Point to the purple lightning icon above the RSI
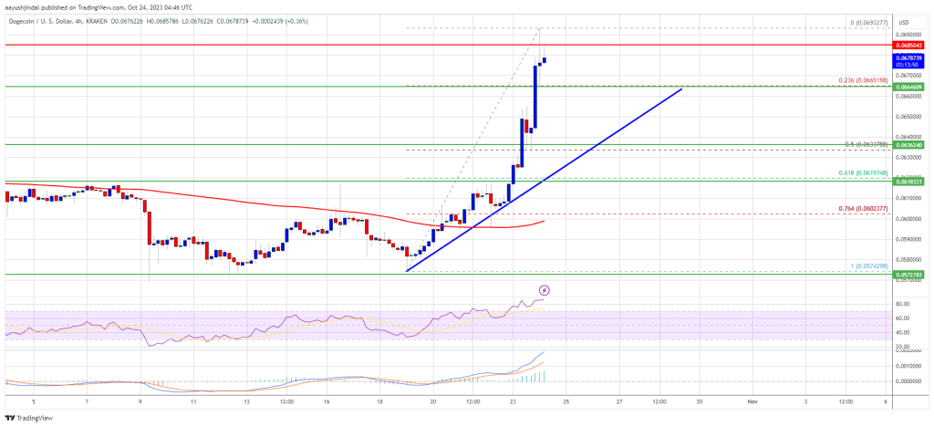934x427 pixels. (545, 290)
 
